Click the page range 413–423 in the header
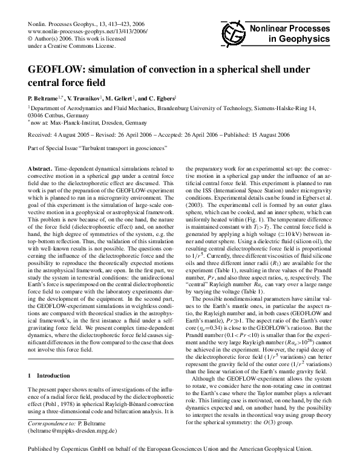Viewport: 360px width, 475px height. pos(98,22)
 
